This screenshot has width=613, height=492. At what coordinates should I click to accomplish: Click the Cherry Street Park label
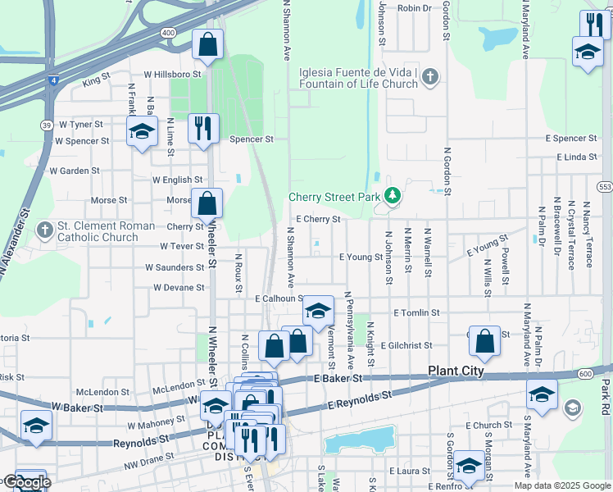click(x=334, y=198)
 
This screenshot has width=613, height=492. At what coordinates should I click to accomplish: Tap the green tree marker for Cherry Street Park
click(x=393, y=196)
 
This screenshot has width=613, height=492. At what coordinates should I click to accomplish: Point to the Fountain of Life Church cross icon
click(x=430, y=77)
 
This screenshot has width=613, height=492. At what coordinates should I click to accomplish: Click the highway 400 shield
click(x=169, y=32)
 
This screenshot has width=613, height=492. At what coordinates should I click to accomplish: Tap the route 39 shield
click(x=48, y=125)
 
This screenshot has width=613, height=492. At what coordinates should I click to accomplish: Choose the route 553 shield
click(x=606, y=187)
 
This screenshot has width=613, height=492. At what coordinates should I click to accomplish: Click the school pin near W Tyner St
click(x=142, y=131)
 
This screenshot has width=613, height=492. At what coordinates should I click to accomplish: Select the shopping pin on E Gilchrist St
click(x=485, y=342)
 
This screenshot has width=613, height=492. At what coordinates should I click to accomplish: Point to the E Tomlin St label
click(x=416, y=313)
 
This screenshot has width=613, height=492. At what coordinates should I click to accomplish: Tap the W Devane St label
click(x=179, y=288)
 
